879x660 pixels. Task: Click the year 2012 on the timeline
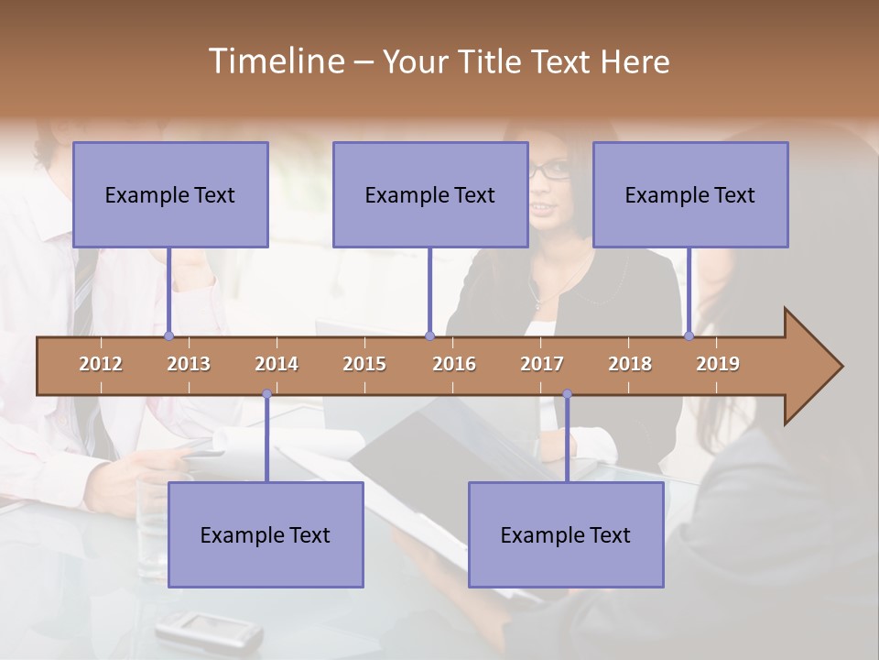[101, 364]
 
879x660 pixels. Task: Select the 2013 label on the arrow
[189, 364]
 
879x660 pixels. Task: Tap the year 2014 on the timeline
[277, 364]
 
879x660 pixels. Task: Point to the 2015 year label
[364, 364]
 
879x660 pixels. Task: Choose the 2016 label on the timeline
[454, 364]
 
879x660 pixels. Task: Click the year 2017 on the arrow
[542, 364]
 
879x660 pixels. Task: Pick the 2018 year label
[630, 364]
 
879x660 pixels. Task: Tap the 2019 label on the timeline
[718, 364]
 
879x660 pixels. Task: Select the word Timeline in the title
[275, 61]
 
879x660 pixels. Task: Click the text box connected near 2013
[170, 194]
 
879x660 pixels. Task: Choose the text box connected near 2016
[430, 194]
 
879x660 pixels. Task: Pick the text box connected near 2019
[690, 194]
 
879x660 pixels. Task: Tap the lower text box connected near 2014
[266, 534]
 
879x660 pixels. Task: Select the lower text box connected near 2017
[566, 534]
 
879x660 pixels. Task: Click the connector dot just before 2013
[168, 335]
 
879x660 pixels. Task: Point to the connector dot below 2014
[266, 394]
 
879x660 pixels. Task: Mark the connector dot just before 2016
[429, 335]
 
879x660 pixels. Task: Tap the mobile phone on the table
[209, 632]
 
